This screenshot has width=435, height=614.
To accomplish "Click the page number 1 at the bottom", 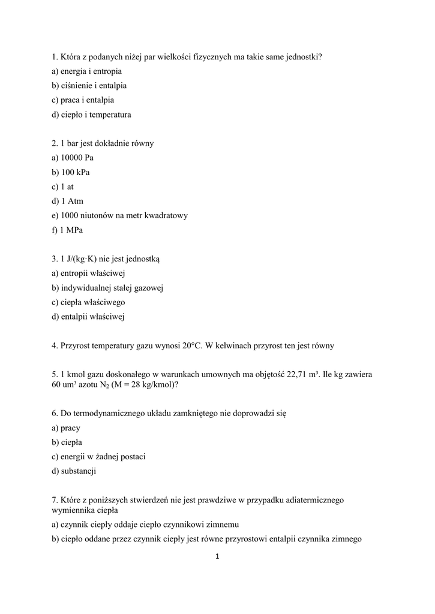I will (x=217, y=557).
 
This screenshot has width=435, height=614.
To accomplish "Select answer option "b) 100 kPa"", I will (x=71, y=172).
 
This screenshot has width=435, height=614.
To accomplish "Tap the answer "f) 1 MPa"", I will (x=67, y=230).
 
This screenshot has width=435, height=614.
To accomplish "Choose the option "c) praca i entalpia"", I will (x=83, y=100).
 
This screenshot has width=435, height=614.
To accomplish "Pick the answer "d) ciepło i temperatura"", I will (x=91, y=115).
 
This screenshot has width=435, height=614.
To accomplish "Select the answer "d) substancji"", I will (x=74, y=471).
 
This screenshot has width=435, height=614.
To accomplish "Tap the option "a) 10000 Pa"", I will (x=73, y=158).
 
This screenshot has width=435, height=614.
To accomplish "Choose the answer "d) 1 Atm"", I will (x=68, y=201).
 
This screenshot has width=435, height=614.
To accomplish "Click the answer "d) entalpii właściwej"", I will (x=88, y=316).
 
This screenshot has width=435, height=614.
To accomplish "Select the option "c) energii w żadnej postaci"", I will (x=98, y=456).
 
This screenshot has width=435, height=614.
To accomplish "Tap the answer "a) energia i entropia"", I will (x=86, y=71).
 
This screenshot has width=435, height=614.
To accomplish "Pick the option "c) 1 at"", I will (x=62, y=186).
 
